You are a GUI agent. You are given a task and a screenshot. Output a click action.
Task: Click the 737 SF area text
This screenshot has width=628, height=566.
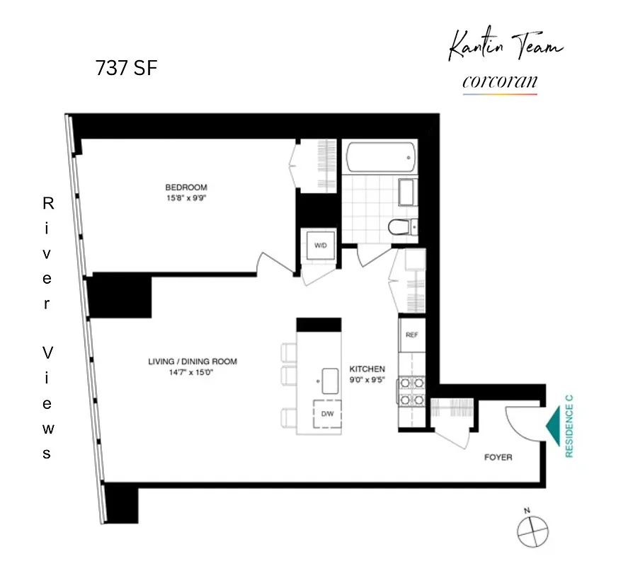126,69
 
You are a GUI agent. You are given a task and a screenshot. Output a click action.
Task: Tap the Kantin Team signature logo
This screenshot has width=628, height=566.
506,48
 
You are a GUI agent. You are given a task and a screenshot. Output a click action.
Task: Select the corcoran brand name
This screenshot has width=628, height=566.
499,82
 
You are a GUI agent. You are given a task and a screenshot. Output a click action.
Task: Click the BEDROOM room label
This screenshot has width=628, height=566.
186,187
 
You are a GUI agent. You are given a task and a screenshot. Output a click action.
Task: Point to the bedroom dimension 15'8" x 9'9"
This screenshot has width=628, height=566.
186,198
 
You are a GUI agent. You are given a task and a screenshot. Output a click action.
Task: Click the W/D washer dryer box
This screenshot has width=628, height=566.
320,246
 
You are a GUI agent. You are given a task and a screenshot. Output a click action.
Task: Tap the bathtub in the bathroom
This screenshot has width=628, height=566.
379,156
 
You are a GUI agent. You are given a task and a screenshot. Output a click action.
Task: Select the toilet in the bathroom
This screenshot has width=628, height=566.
401,227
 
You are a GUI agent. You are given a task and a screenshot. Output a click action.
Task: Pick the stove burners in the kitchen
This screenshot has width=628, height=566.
411,391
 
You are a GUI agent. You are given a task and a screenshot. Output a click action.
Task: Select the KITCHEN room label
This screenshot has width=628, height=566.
367,369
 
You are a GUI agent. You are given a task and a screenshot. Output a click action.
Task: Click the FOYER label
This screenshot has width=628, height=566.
498,457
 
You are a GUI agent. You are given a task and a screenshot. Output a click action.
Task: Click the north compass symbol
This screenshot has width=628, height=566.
528,526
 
